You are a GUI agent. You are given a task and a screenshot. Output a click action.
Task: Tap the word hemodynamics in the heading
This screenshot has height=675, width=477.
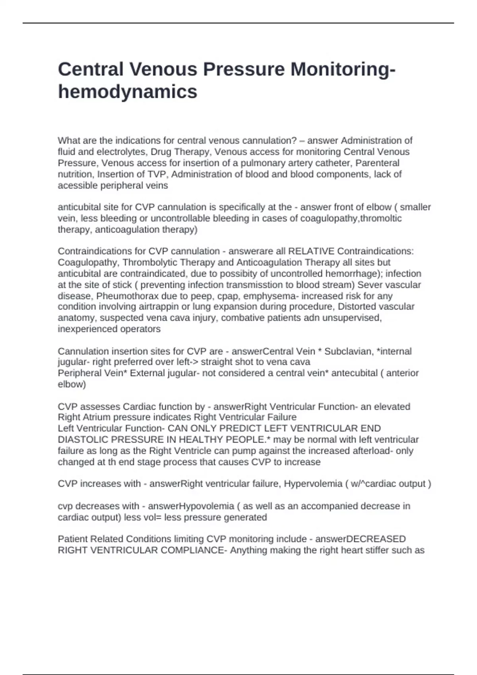pyautogui.click(x=128, y=92)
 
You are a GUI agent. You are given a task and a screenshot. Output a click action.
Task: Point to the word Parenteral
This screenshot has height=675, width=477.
pyautogui.click(x=377, y=163)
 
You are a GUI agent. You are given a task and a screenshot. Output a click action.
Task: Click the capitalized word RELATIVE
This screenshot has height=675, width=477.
pyautogui.click(x=311, y=251)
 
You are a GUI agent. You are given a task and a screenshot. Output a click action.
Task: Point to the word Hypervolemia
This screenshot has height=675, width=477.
pyautogui.click(x=313, y=484)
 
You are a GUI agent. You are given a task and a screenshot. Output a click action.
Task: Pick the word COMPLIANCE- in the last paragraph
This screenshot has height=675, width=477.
pyautogui.click(x=195, y=550)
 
